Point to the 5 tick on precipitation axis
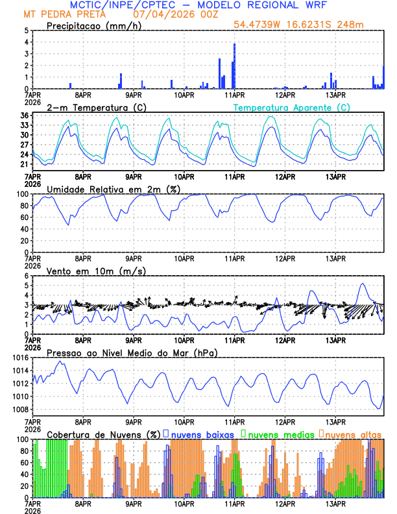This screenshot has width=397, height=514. [25, 31]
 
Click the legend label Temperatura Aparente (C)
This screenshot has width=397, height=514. [292, 107]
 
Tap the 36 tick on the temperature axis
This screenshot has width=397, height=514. [23, 116]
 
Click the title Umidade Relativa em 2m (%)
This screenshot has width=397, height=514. [114, 189]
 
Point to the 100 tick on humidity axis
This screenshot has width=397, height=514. [21, 194]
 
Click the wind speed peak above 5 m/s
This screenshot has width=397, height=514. [362, 284]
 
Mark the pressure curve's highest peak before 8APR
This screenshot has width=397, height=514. [61, 361]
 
